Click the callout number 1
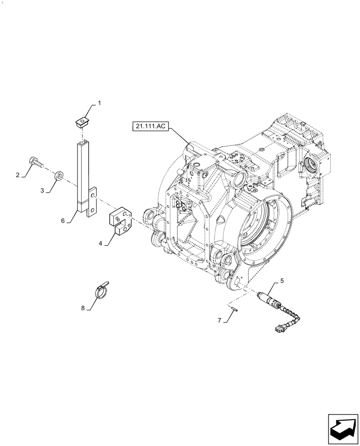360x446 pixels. [x=99, y=103]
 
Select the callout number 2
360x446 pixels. [x=18, y=175]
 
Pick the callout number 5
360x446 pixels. [x=281, y=281]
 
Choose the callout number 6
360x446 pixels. [x=63, y=220]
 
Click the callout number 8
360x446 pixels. [x=83, y=307]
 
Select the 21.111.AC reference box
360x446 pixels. [x=149, y=127]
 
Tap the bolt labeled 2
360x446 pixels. [x=36, y=162]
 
